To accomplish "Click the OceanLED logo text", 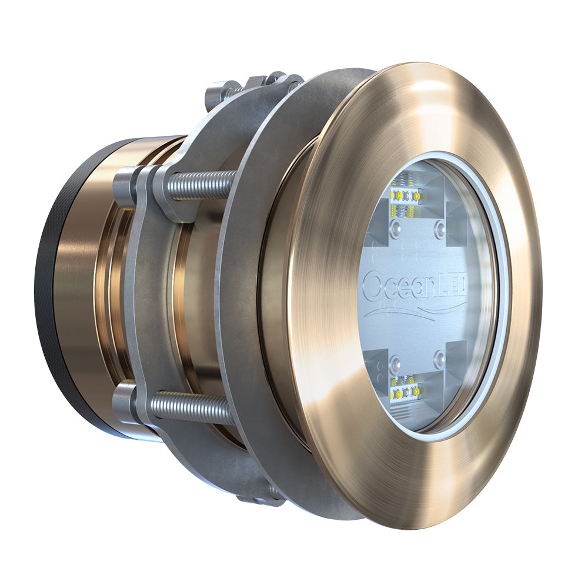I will pyautogui.click(x=415, y=287).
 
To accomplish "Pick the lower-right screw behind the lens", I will pyautogui.click(x=439, y=358).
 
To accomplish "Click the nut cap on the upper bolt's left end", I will pyautogui.click(x=125, y=186).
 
